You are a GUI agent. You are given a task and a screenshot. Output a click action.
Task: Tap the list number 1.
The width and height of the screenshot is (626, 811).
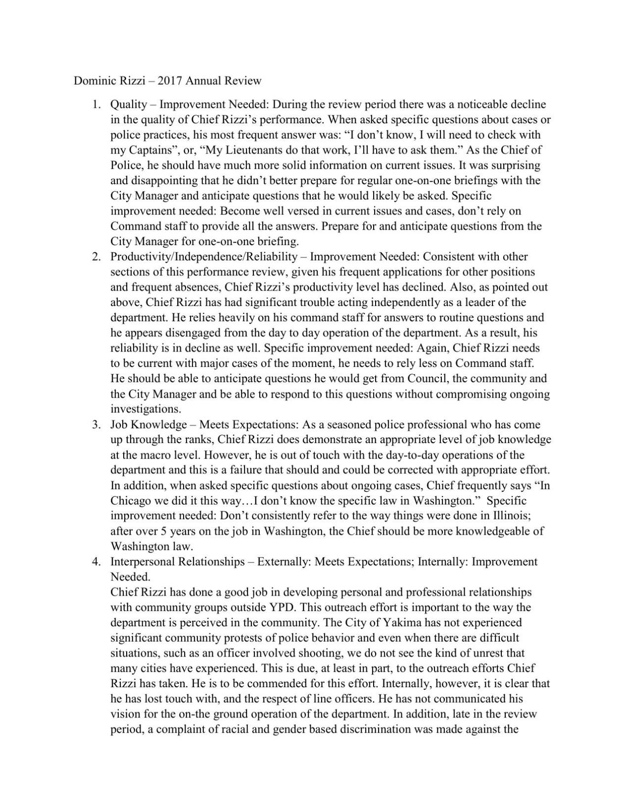pos(96,105)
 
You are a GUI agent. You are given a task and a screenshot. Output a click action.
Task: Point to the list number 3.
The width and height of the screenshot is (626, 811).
pos(96,425)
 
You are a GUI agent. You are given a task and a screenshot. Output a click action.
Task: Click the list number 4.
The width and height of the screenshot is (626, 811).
pos(96,562)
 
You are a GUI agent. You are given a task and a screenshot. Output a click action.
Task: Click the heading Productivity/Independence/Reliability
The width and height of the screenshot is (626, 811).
pos(204,257)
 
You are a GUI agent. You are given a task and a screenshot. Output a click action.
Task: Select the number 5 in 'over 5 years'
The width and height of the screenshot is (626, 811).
pos(164,532)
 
